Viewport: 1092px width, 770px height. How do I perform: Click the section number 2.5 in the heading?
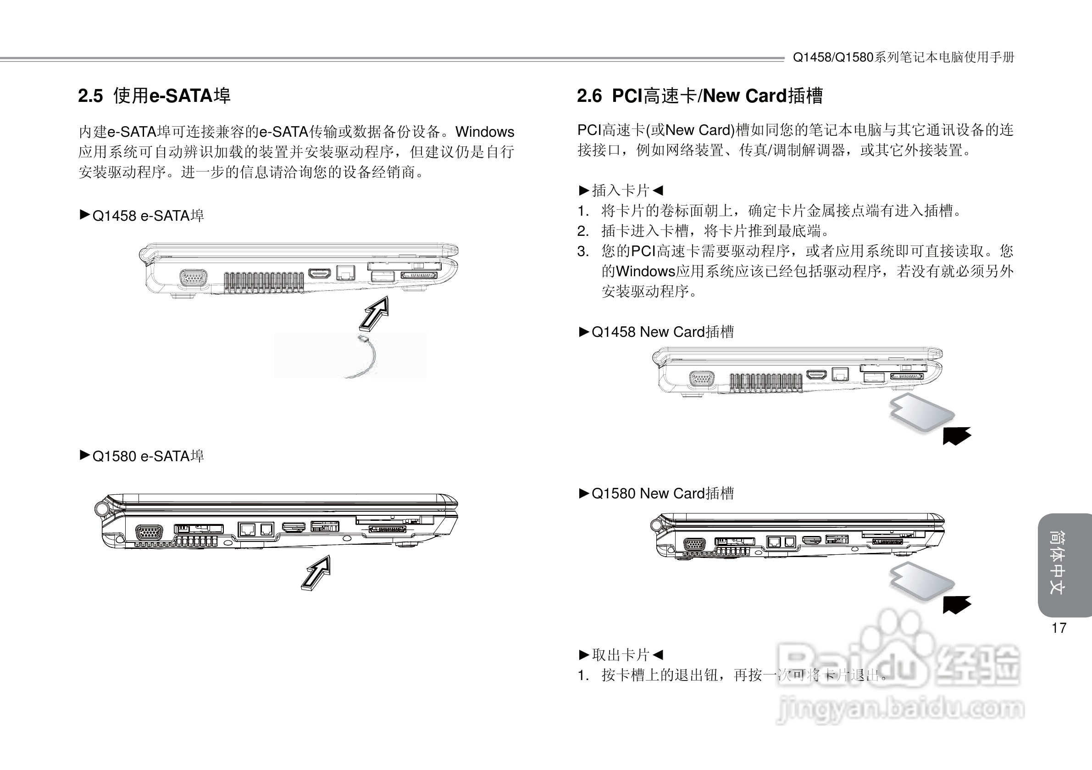[90, 96]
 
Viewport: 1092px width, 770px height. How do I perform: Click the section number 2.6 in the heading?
[589, 96]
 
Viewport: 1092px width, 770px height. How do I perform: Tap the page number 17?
[1059, 628]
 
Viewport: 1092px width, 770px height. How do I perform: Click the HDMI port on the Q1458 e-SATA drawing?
[320, 273]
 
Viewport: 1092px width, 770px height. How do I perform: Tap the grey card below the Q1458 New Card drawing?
[921, 413]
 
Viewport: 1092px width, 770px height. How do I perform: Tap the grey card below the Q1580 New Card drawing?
[921, 582]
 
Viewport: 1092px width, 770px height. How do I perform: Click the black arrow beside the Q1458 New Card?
[956, 435]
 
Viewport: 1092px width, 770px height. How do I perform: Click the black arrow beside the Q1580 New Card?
[956, 604]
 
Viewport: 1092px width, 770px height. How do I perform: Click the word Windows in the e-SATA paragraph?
[485, 132]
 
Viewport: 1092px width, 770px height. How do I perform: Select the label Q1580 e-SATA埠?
[148, 457]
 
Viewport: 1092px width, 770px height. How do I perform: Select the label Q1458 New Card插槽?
[663, 332]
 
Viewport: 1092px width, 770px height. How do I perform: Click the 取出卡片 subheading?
[621, 655]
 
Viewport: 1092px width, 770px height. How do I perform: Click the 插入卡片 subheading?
[621, 191]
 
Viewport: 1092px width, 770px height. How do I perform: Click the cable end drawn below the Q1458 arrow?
[363, 338]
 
